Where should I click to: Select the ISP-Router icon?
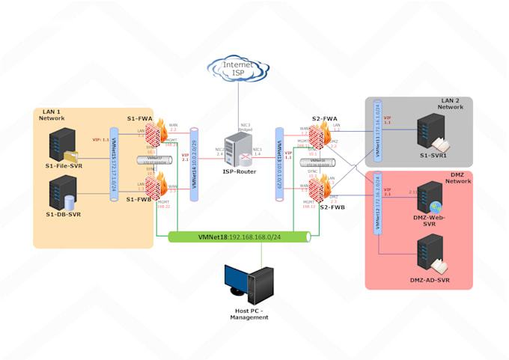pyautogui.click(x=240, y=149)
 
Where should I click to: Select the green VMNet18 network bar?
pyautogui.click(x=239, y=237)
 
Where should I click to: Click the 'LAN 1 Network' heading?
pyautogui.click(x=51, y=115)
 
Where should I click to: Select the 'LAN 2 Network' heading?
pyautogui.click(x=451, y=103)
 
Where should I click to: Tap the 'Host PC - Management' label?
pyautogui.click(x=249, y=314)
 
